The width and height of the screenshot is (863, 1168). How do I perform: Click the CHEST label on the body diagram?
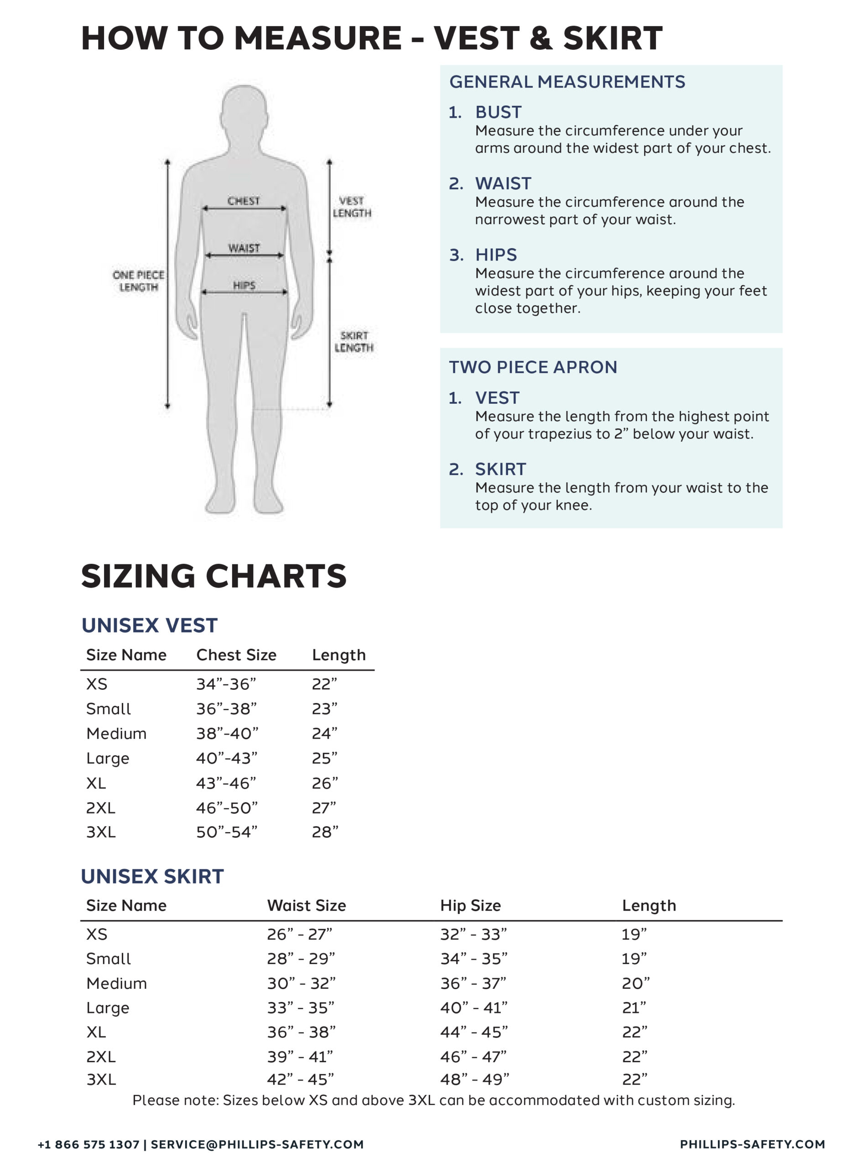[x=244, y=201]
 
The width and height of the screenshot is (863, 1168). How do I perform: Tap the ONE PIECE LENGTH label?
[x=138, y=281]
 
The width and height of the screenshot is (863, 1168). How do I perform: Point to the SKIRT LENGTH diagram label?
[x=354, y=342]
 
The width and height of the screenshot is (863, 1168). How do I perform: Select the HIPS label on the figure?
[x=244, y=285]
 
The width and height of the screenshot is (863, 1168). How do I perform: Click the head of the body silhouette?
[x=244, y=112]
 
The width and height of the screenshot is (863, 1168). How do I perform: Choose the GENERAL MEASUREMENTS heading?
[x=567, y=82]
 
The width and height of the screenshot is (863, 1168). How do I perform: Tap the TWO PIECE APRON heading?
[x=533, y=367]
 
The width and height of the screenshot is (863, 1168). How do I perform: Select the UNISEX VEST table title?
[x=150, y=626]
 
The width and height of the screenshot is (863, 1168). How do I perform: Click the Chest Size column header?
[x=236, y=655]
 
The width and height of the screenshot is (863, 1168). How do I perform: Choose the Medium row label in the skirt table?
[x=116, y=983]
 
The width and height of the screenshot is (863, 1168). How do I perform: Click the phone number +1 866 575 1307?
[x=88, y=1144]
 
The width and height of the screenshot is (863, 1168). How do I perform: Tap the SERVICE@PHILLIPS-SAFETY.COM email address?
[x=257, y=1144]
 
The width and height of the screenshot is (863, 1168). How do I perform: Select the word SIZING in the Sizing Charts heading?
[x=138, y=576]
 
